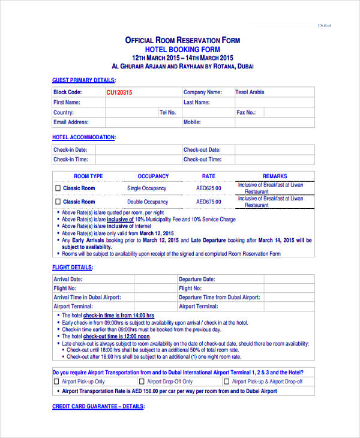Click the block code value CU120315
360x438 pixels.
click(119, 92)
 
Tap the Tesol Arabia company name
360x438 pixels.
click(249, 92)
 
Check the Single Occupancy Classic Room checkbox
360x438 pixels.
click(58, 188)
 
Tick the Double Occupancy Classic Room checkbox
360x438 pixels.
click(58, 202)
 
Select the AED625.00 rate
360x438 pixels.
click(208, 188)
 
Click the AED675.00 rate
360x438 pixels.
click(208, 202)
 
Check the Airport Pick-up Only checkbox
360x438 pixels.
click(57, 382)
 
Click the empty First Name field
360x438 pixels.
click(143, 103)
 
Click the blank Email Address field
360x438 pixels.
click(143, 122)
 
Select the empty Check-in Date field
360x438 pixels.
click(143, 150)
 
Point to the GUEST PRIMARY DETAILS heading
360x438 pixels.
click(83, 80)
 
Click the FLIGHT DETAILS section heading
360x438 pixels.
click(73, 267)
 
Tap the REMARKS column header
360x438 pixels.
click(275, 176)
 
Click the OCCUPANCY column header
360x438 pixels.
click(153, 176)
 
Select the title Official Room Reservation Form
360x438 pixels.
click(182, 40)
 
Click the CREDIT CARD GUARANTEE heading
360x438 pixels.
click(98, 406)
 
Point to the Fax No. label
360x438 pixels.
click(246, 112)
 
